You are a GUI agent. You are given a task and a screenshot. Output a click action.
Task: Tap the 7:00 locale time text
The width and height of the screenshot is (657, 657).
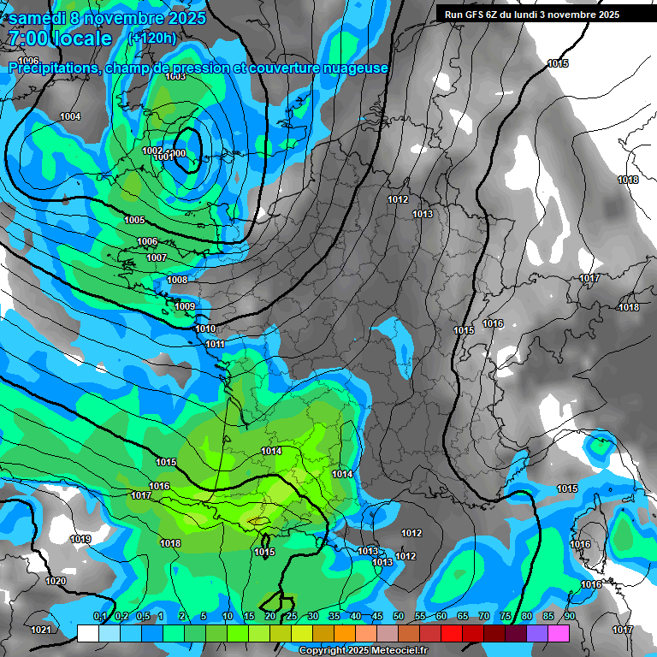click(60, 38)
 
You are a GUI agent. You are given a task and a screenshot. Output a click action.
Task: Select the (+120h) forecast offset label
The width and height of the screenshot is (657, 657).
click(152, 38)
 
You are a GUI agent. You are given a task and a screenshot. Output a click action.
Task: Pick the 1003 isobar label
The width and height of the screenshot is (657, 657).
click(175, 76)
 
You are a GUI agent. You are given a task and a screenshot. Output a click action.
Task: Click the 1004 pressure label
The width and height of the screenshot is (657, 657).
click(70, 116)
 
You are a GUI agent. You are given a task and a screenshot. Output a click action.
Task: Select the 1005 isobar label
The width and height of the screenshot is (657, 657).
click(134, 220)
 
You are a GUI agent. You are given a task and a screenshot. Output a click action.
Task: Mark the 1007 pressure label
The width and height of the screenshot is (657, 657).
click(156, 257)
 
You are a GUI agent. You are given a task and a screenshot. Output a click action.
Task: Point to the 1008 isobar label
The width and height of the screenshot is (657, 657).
click(177, 280)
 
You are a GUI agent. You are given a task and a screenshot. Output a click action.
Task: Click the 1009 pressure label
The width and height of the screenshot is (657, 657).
click(185, 306)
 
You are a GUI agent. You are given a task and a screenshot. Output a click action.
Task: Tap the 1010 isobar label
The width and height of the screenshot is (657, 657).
click(205, 328)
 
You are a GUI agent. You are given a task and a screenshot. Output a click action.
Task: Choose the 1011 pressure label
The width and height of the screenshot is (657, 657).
click(216, 344)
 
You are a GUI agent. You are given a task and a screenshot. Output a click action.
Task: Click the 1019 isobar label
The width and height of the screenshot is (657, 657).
click(80, 539)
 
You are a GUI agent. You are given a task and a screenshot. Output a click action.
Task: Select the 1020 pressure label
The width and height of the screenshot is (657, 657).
click(55, 581)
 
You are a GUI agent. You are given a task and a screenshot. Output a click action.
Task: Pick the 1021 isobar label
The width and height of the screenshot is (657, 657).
click(40, 630)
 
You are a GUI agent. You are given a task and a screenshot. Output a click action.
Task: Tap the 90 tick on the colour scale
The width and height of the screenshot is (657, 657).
click(569, 616)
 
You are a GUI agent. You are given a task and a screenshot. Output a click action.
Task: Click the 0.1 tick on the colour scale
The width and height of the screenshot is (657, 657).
click(99, 616)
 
